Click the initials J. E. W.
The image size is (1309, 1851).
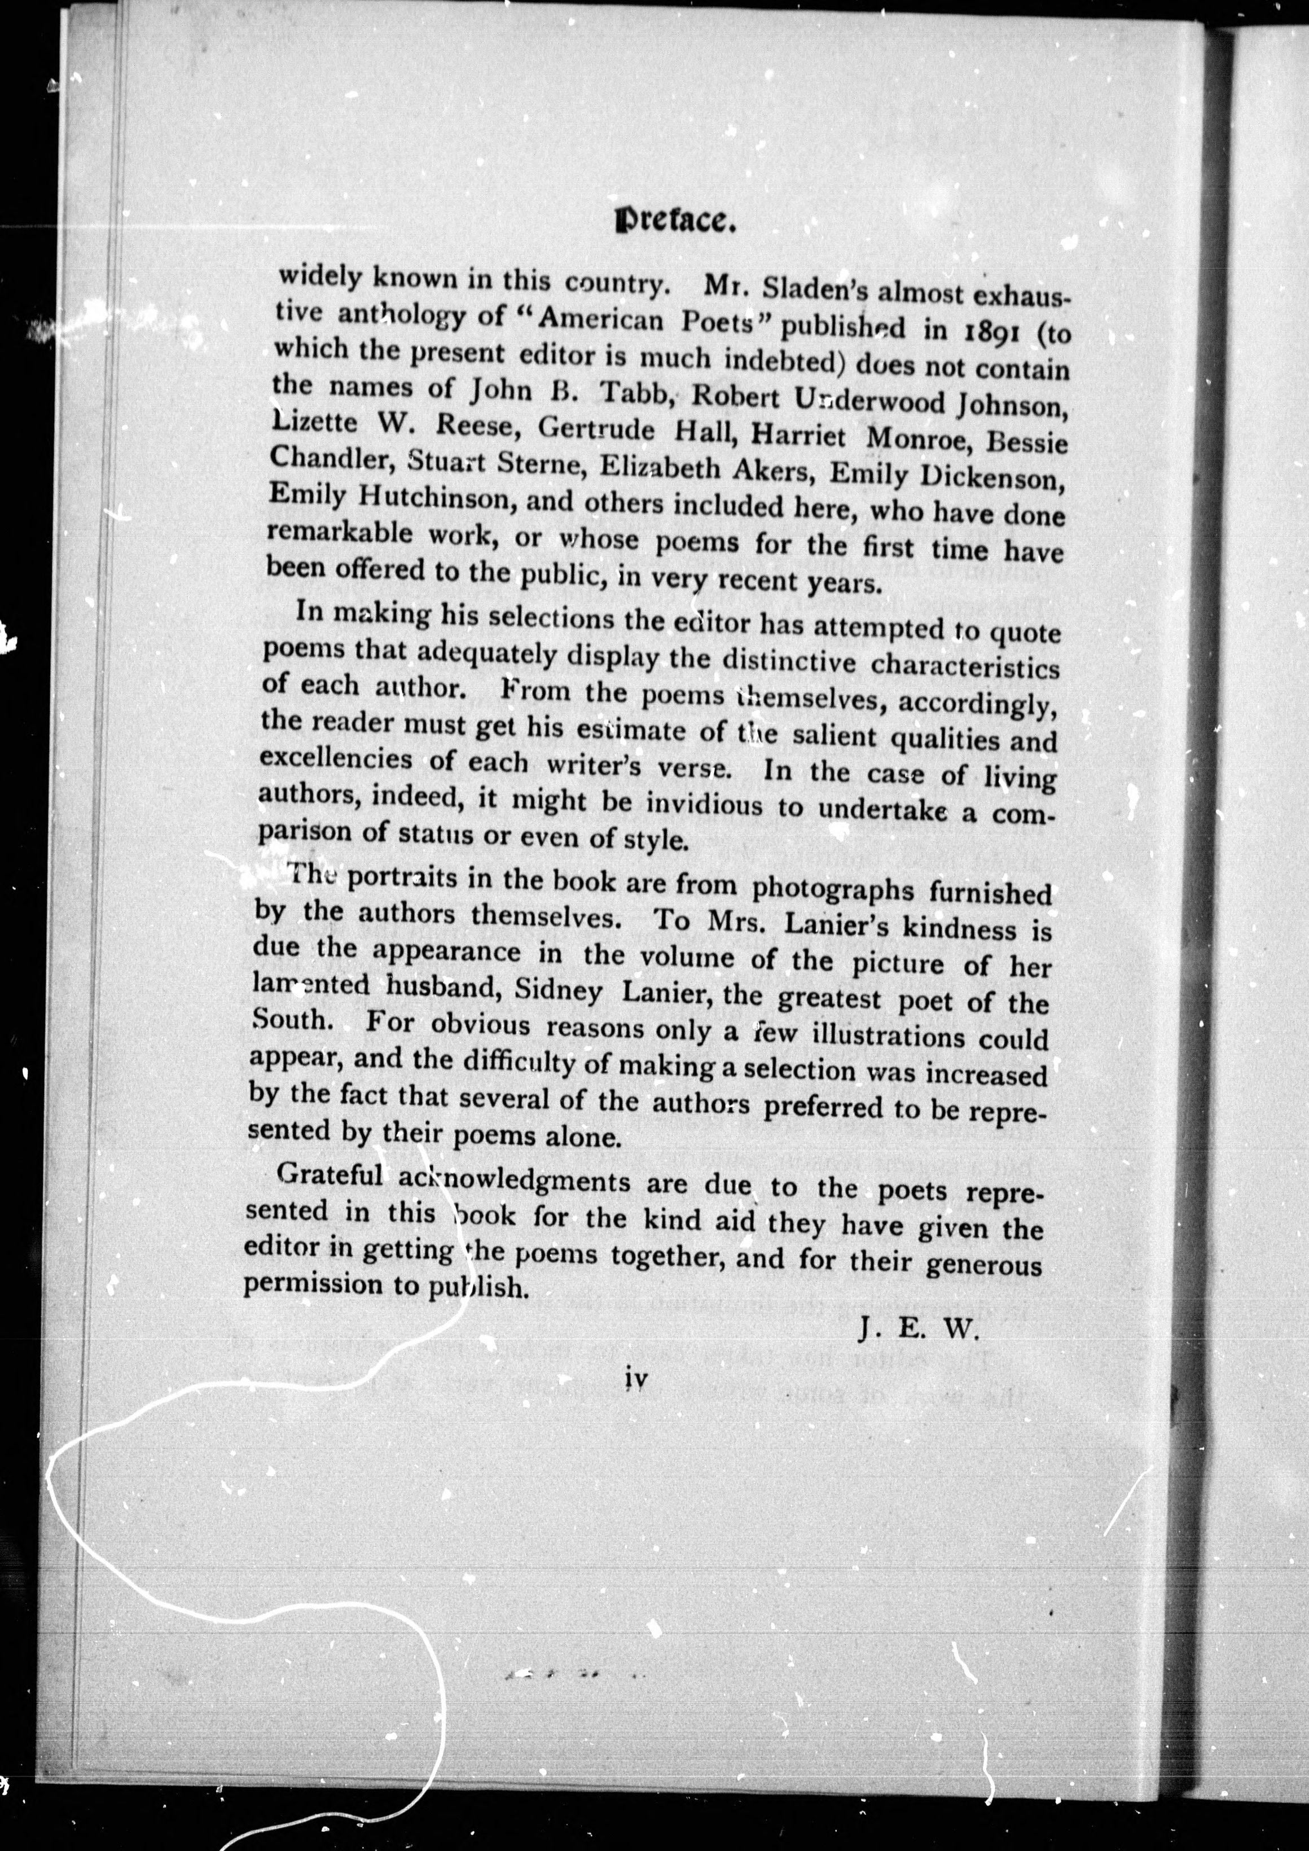(x=917, y=1328)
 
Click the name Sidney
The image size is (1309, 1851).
(x=558, y=989)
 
